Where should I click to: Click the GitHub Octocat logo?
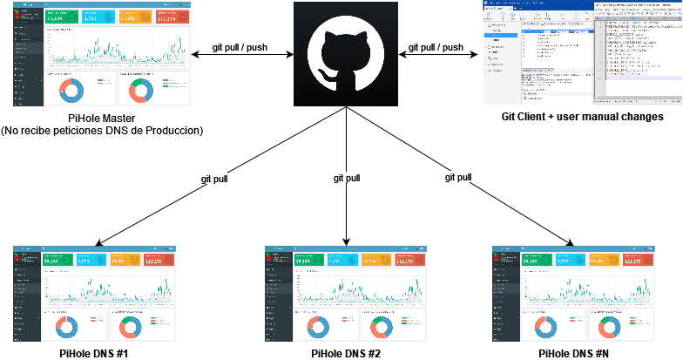pyautogui.click(x=347, y=54)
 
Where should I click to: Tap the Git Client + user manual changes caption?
pyautogui.click(x=582, y=116)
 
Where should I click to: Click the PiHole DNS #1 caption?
pyautogui.click(x=94, y=353)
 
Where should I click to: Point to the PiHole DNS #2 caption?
pyautogui.click(x=345, y=353)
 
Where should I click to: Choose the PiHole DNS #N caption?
pyautogui.click(x=573, y=353)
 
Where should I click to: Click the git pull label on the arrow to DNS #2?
pyautogui.click(x=347, y=178)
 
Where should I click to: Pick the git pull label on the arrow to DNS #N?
pyautogui.click(x=458, y=178)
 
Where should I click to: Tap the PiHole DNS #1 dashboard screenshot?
pyautogui.click(x=94, y=294)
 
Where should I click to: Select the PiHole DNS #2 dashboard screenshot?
pyautogui.click(x=345, y=294)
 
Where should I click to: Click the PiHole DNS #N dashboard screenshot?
pyautogui.click(x=573, y=294)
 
